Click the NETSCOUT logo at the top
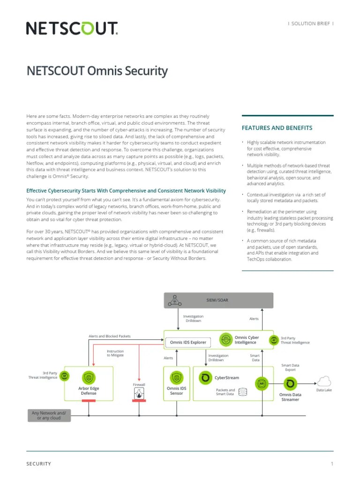[72, 29]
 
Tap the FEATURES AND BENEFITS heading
[277, 127]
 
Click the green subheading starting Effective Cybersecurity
[126, 191]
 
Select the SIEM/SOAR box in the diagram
[218, 300]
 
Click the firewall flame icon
[139, 395]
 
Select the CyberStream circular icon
[205, 377]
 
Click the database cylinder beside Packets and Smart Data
[242, 391]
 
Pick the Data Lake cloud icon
[323, 381]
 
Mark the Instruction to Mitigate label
[115, 353]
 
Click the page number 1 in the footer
[332, 464]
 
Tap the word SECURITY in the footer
[38, 464]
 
